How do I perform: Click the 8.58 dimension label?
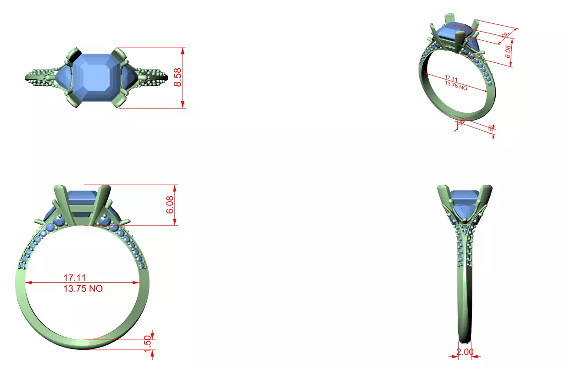coord(178,77)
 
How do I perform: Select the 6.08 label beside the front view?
coord(170,205)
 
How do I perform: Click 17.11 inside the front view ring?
coord(75,277)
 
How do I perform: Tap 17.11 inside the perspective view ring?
coord(452,78)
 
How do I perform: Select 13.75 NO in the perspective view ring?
coord(456,86)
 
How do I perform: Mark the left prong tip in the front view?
coord(60,188)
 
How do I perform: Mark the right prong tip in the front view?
coord(105,188)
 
